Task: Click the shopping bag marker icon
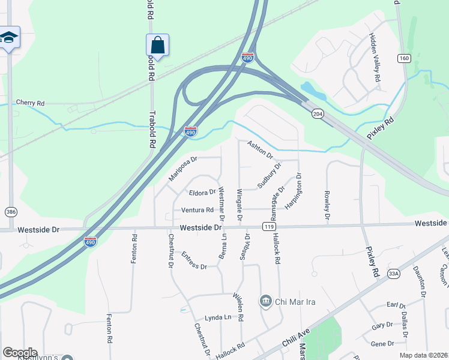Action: (x=157, y=45)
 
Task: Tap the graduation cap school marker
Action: (x=9, y=38)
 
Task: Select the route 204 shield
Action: (x=318, y=113)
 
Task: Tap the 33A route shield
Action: (x=394, y=274)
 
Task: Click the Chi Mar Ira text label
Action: (x=296, y=301)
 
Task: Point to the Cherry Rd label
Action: (x=30, y=103)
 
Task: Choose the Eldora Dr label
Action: (x=202, y=193)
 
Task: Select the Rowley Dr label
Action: (x=328, y=204)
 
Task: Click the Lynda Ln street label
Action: (x=218, y=317)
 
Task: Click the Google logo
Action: (x=20, y=353)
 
